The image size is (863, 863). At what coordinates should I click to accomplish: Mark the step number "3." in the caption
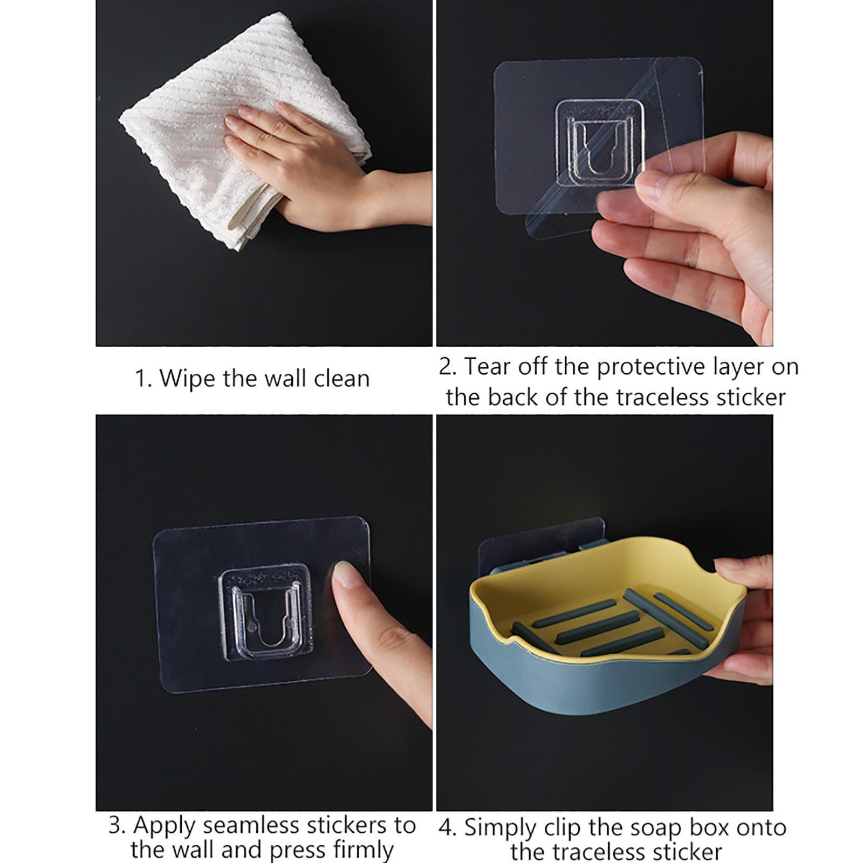click(117, 826)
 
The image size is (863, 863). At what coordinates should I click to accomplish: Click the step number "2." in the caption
click(448, 367)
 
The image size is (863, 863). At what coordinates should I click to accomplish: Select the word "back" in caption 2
click(512, 398)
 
